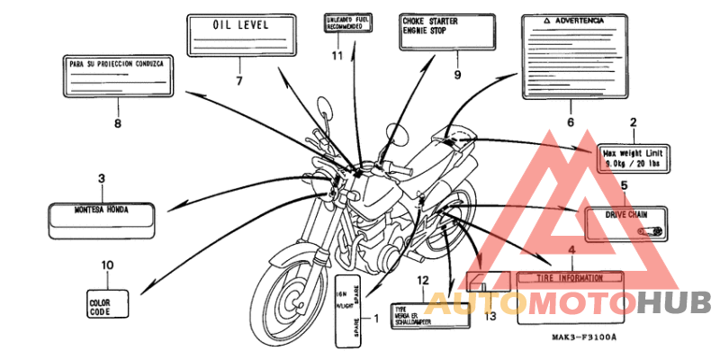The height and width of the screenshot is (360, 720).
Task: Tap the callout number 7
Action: click(x=239, y=81)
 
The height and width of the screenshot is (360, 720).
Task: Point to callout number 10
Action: click(x=107, y=265)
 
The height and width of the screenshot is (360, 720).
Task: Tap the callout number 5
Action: click(x=624, y=185)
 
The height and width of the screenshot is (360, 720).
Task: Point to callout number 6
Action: click(x=570, y=121)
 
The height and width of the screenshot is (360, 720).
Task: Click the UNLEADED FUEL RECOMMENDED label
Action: click(x=346, y=23)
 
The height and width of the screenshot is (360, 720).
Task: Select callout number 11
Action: click(x=337, y=56)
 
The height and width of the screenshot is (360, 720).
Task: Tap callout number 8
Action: click(x=117, y=123)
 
